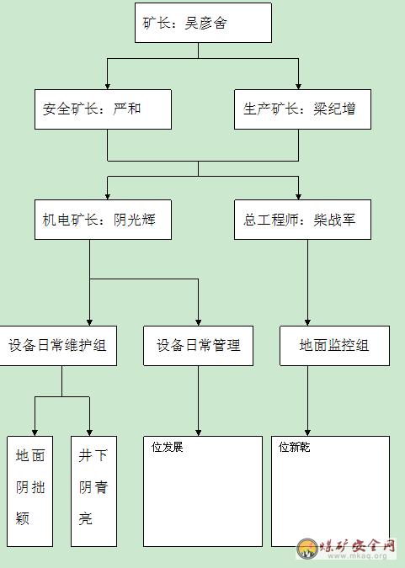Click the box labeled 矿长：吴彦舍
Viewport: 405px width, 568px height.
[203, 23]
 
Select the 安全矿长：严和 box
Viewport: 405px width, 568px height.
[103, 109]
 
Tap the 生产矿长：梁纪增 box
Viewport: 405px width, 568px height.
[302, 109]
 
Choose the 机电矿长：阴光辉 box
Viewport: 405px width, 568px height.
[103, 220]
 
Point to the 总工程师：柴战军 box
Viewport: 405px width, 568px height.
[302, 220]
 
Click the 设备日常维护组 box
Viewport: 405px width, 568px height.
[58, 346]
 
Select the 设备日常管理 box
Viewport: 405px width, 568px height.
[199, 346]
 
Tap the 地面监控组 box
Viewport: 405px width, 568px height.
[334, 346]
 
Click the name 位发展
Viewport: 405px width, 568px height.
[168, 447]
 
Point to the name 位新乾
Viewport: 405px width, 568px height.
[295, 447]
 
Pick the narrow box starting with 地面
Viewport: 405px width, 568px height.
[30, 491]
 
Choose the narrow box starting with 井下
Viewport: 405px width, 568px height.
[94, 491]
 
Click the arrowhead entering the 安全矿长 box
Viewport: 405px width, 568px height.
[107, 86]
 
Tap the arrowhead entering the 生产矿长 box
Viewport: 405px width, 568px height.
[298, 86]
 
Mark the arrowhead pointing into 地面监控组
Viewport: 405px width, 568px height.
[307, 322]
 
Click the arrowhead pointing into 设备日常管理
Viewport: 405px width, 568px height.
[199, 322]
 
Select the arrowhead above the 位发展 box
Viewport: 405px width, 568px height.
[199, 433]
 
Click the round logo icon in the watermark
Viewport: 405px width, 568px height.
[307, 548]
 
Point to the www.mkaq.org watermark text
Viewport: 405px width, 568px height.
[357, 555]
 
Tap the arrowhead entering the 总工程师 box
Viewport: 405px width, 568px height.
[298, 196]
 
